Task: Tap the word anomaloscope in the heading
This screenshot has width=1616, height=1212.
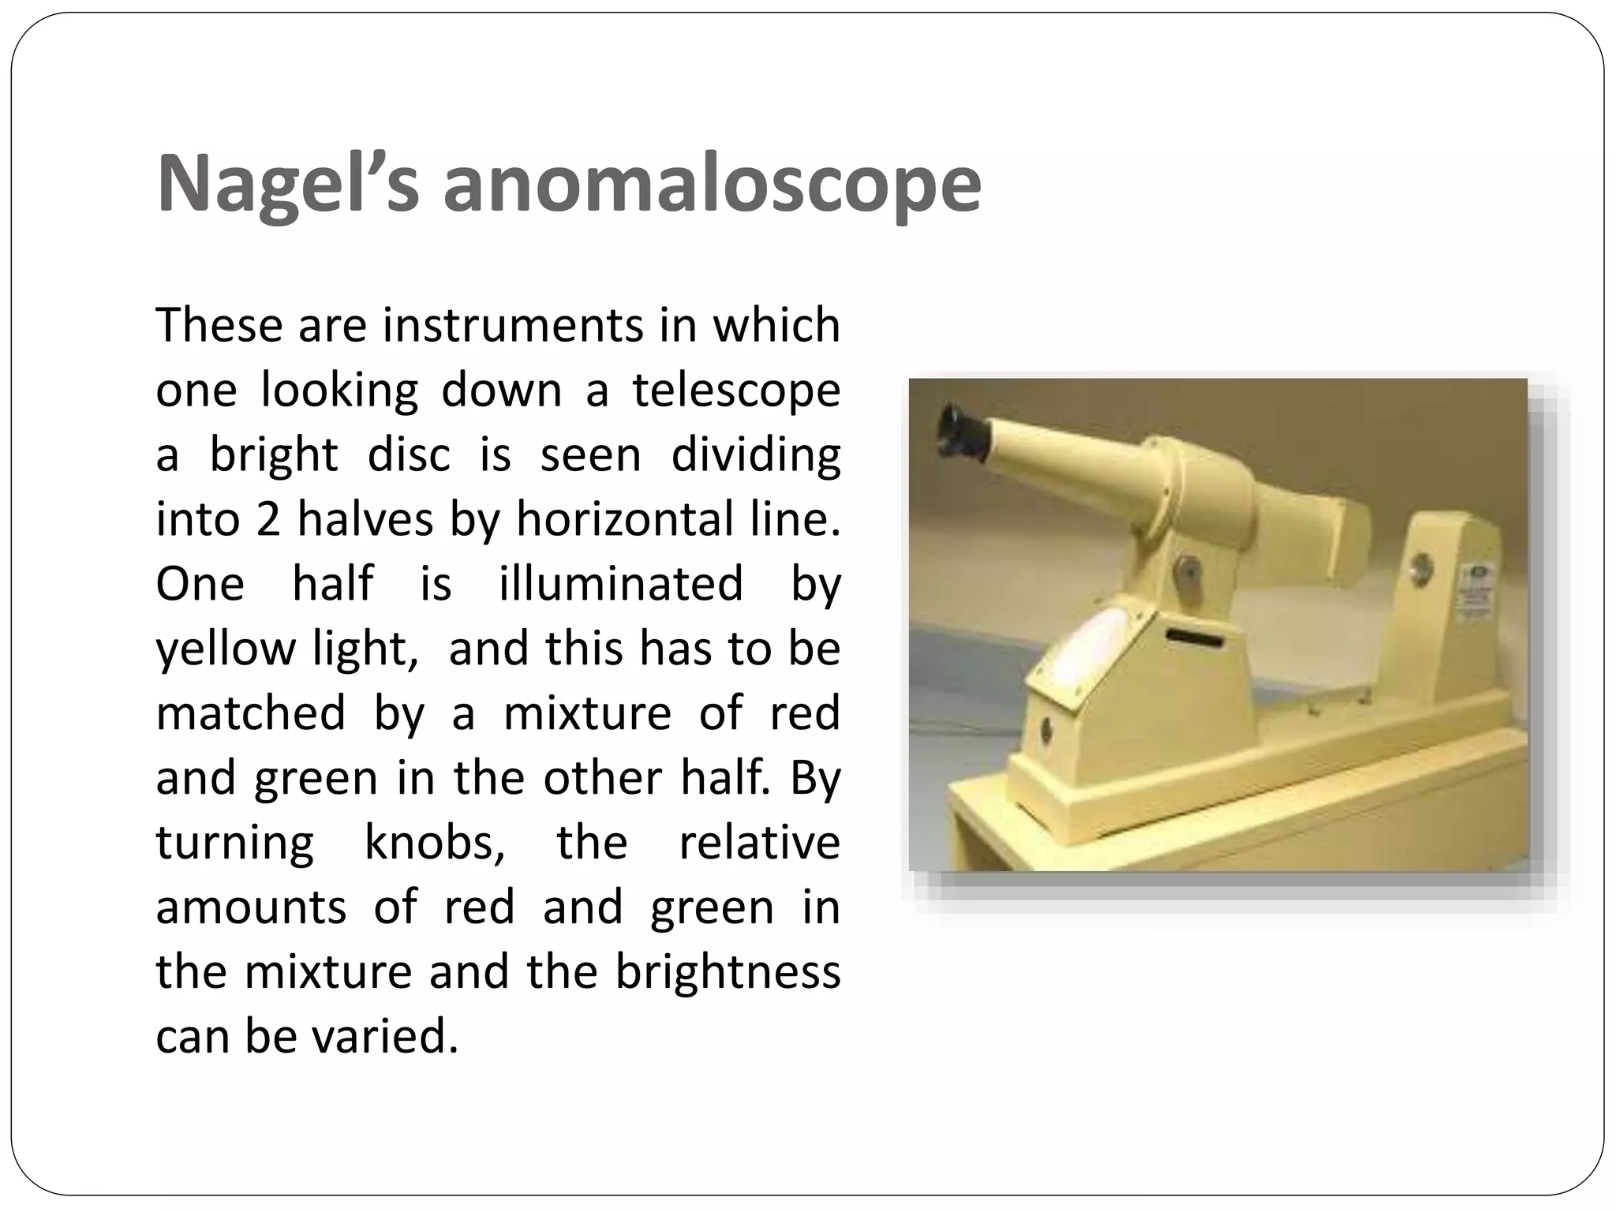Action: [712, 183]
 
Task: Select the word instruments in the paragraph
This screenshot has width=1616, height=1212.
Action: [513, 325]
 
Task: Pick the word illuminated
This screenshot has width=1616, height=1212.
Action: [621, 584]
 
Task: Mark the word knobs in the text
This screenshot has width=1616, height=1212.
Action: [434, 843]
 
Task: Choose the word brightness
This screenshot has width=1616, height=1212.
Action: [728, 972]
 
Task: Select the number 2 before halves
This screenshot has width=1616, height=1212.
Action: [268, 519]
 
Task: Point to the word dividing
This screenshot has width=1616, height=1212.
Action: [756, 455]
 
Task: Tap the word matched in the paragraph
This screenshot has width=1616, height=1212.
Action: [251, 713]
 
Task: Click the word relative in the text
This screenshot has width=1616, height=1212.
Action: [759, 843]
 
